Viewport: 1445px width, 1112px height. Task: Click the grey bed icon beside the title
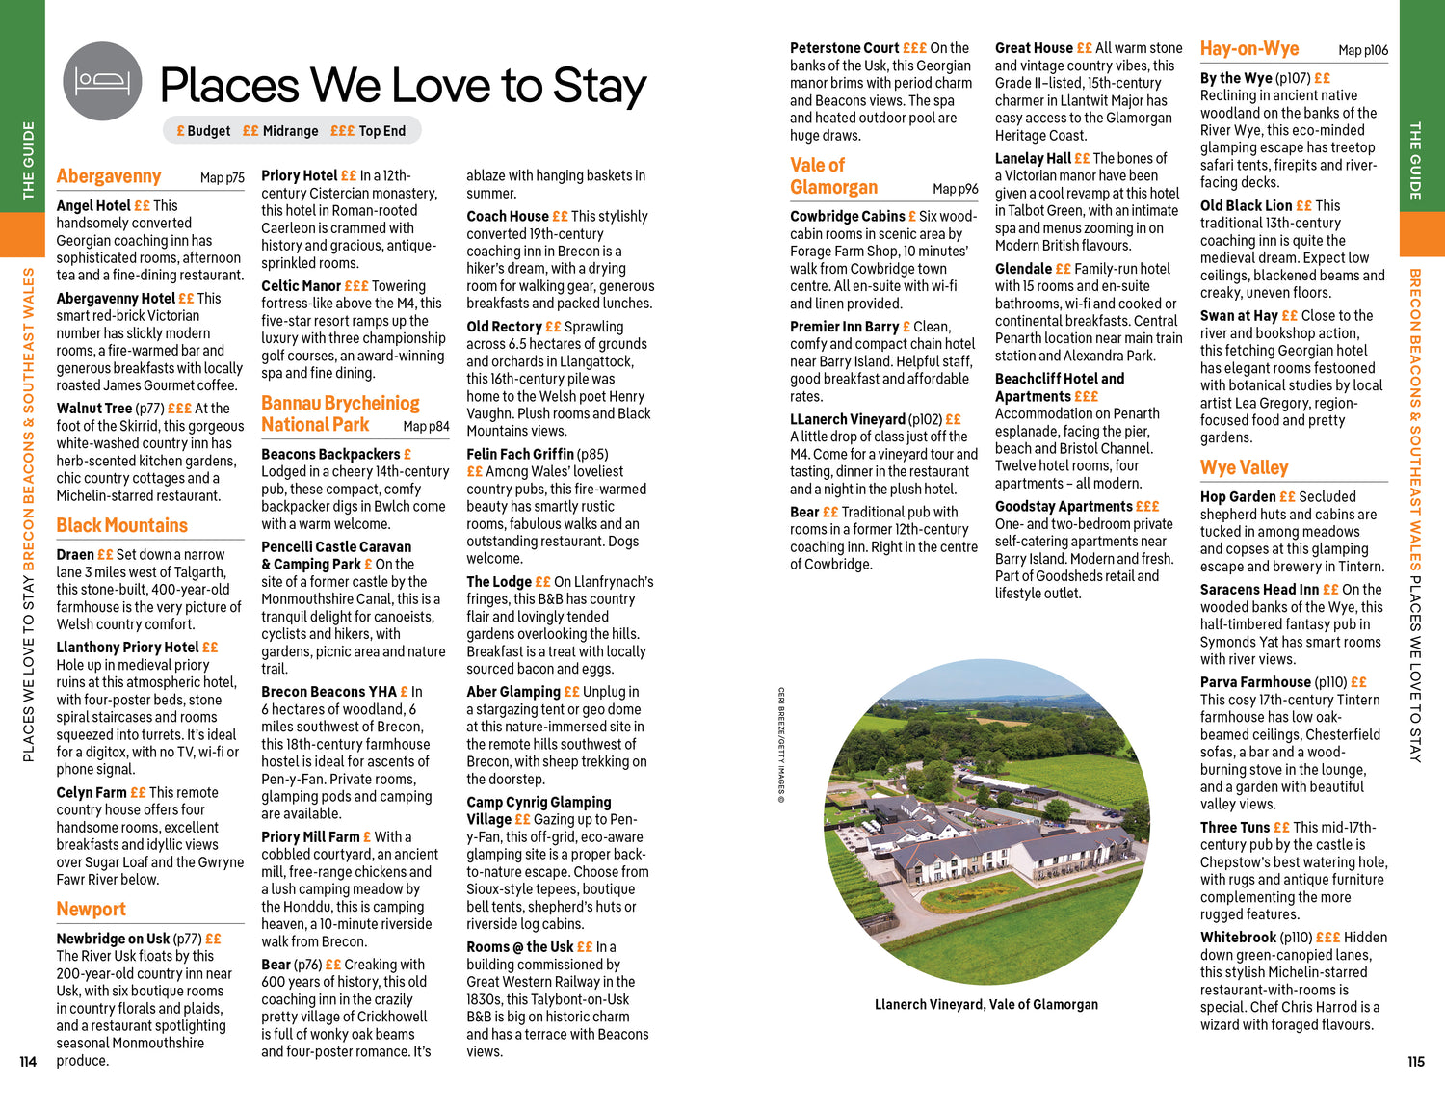pos(102,81)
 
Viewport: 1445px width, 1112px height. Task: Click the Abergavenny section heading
pos(109,176)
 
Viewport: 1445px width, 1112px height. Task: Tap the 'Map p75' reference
pos(223,178)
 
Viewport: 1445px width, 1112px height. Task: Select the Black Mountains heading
pos(122,525)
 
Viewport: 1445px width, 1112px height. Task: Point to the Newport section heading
pos(92,910)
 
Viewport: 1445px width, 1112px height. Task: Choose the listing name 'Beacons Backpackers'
pos(330,454)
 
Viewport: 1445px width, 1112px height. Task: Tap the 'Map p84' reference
pos(426,426)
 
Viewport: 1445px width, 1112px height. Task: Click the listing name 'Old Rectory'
pos(504,327)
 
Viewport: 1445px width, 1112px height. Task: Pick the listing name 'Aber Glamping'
pos(513,692)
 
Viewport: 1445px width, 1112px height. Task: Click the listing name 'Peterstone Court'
pos(844,48)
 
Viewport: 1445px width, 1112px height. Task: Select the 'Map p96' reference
pos(955,189)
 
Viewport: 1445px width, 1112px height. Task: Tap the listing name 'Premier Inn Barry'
pos(844,327)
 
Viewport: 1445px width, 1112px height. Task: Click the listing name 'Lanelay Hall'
pos(1033,158)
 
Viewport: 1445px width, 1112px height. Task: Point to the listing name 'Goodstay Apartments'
pos(1064,507)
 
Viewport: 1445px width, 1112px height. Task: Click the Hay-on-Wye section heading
pos(1249,49)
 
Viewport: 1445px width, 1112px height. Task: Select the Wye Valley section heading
pos(1244,468)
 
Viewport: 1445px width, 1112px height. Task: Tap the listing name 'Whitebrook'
pos(1238,938)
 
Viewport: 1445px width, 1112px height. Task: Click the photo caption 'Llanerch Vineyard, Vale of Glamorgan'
pos(985,1004)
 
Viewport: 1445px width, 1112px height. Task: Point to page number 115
pos(1415,1062)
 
